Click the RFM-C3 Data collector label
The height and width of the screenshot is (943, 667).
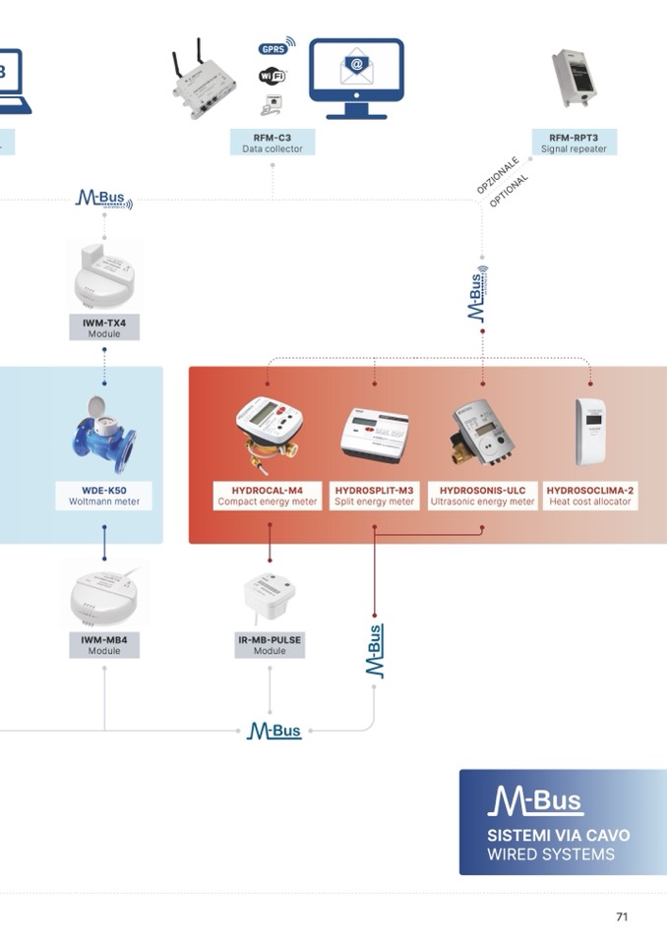(273, 143)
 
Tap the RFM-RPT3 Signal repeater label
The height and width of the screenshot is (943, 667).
(574, 143)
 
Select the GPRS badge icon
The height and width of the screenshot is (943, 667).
(273, 48)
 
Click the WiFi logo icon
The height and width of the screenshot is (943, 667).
(273, 76)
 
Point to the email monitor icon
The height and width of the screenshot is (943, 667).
(356, 78)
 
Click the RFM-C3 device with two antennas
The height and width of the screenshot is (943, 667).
(208, 80)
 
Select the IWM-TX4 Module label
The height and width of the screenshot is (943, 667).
(104, 327)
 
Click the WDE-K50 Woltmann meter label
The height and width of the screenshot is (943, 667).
(104, 496)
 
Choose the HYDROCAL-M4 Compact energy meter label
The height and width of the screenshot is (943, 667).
(268, 496)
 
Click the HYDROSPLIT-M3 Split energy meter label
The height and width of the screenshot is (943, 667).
(374, 496)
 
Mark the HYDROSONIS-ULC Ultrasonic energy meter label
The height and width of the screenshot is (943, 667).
(482, 496)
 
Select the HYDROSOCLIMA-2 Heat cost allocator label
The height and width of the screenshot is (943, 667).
(590, 496)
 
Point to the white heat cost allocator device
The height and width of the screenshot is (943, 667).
(590, 431)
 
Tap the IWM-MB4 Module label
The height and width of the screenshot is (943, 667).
(104, 645)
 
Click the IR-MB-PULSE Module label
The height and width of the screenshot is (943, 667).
(270, 645)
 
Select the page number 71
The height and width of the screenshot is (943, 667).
(622, 916)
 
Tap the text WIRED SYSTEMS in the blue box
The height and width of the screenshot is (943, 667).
(551, 855)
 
